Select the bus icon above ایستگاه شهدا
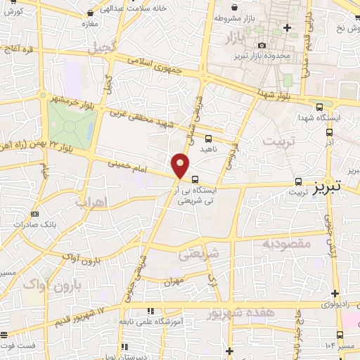pos(320,108)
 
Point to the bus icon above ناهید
pos(208,138)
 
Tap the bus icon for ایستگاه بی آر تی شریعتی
pos(195,179)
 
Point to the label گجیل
pos(101,48)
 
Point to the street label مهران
pos(173,280)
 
